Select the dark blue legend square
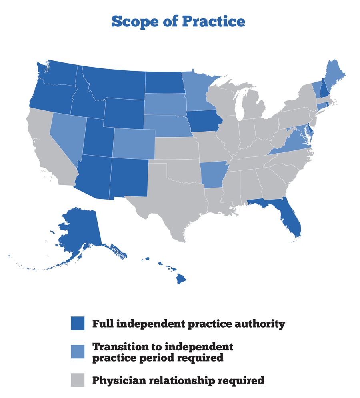tap(78, 323)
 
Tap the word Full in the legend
tap(102, 323)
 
